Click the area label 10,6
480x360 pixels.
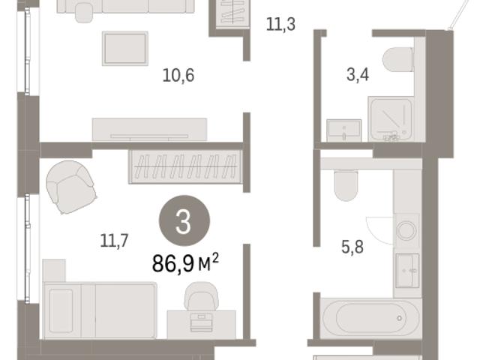(x=178, y=75)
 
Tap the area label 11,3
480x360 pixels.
(x=280, y=24)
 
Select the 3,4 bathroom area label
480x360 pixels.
(x=358, y=75)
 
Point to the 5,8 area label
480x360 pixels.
(x=352, y=247)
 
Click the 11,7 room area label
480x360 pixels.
(x=114, y=241)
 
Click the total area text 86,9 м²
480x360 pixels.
(x=185, y=263)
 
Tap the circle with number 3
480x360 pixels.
(x=184, y=220)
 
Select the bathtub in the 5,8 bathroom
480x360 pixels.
(x=371, y=318)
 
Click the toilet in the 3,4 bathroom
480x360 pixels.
(x=398, y=60)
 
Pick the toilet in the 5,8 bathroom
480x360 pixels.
(x=346, y=185)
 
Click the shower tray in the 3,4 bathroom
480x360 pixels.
(x=391, y=119)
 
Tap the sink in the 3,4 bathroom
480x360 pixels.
(x=344, y=130)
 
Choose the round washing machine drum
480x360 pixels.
(x=406, y=230)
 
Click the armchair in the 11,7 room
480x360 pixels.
(x=71, y=187)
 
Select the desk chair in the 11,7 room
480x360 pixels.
(x=201, y=295)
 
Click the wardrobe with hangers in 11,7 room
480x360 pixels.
(x=186, y=166)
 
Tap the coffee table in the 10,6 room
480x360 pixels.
(x=125, y=48)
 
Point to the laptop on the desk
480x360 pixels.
(x=201, y=322)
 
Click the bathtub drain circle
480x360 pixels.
(x=400, y=318)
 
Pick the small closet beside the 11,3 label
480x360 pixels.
(x=232, y=15)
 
